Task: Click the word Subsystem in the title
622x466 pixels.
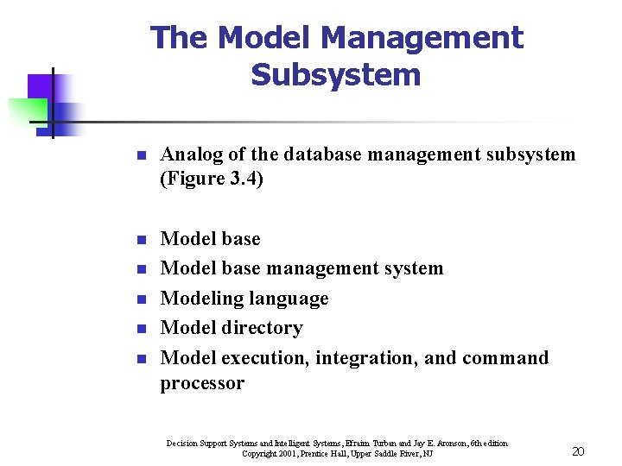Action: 336,75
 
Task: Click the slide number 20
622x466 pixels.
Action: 578,451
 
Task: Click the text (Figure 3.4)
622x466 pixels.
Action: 212,179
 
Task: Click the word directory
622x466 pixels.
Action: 263,328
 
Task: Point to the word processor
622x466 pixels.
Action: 202,383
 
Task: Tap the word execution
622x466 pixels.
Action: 265,357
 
